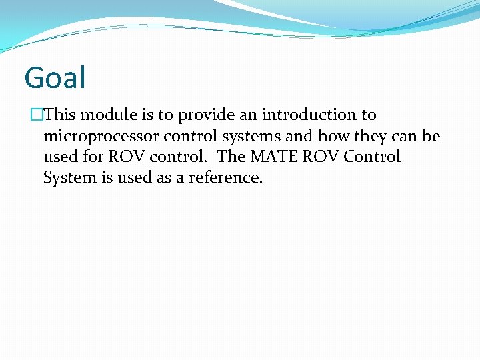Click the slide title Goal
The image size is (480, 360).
tap(55, 77)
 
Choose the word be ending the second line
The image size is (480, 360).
tap(431, 136)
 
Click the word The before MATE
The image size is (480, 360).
tap(232, 157)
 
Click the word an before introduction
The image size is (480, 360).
tap(248, 115)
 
